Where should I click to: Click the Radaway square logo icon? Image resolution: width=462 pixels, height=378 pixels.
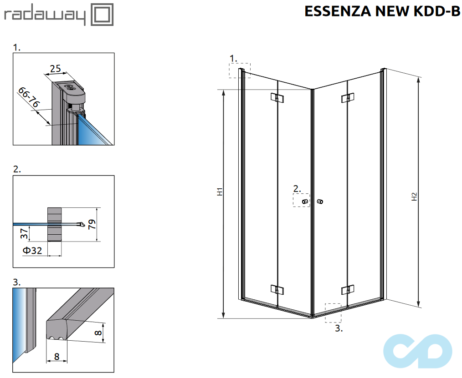click(103, 15)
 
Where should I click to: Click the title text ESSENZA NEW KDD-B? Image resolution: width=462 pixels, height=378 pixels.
click(382, 11)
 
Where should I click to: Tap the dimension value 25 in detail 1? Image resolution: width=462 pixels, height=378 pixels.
click(56, 69)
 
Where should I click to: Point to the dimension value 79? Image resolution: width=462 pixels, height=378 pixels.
click(92, 224)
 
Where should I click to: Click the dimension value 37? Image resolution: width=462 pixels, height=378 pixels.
click(26, 234)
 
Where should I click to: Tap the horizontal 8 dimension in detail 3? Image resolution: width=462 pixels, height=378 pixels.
click(56, 357)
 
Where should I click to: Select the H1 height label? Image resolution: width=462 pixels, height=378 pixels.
click(219, 192)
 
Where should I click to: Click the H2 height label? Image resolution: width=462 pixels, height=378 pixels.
click(414, 197)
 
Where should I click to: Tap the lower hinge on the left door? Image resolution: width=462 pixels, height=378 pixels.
click(277, 289)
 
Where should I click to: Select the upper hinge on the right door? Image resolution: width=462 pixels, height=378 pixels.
click(347, 97)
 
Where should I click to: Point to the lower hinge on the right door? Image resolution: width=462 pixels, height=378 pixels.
click(347, 289)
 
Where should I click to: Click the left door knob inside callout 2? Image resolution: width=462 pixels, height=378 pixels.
click(305, 202)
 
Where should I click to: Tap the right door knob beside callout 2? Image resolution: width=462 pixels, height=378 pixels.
click(320, 202)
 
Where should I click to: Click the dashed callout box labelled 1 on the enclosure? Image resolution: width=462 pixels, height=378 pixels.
click(240, 71)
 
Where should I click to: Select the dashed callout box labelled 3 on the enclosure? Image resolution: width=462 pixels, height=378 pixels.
click(333, 313)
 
